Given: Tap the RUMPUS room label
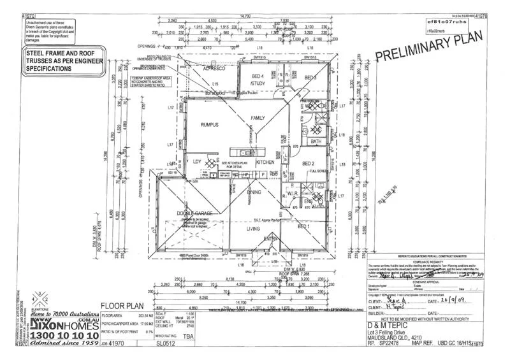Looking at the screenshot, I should click(x=210, y=125).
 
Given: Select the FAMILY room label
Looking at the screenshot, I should click(x=258, y=119).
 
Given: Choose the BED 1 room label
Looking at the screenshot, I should click(x=304, y=226).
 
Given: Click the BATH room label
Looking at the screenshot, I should click(x=315, y=141).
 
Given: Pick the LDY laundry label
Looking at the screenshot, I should click(x=197, y=162).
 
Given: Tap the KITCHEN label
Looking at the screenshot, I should click(x=265, y=162).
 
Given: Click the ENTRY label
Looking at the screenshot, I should click(x=271, y=239).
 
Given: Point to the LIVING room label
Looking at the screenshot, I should click(x=254, y=227).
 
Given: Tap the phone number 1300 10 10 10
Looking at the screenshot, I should click(x=61, y=335).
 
